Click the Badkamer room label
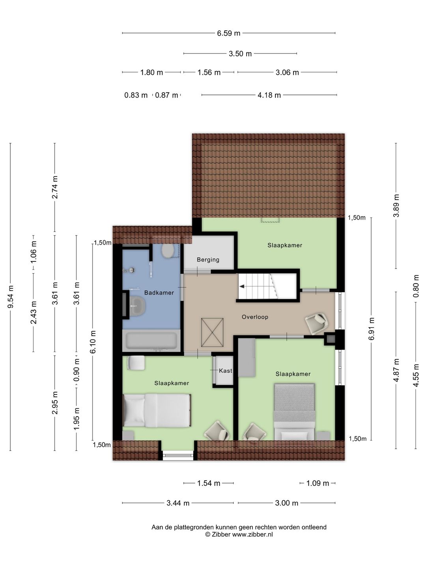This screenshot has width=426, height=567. pyautogui.click(x=159, y=293)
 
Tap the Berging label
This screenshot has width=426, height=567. pyautogui.click(x=208, y=259)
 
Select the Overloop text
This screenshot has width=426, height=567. pyautogui.click(x=255, y=317)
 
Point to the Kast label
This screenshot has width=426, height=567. pyautogui.click(x=225, y=371)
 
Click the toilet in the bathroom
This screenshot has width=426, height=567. pyautogui.click(x=168, y=250)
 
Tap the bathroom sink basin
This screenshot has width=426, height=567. pyautogui.click(x=137, y=306)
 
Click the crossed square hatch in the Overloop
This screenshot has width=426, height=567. pyautogui.click(x=212, y=332)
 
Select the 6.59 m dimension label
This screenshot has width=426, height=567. pyautogui.click(x=228, y=33)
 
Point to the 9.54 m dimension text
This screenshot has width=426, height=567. pyautogui.click(x=11, y=297)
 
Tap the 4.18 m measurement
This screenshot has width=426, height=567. pyautogui.click(x=269, y=95)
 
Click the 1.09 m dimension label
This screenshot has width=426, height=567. pyautogui.click(x=318, y=483)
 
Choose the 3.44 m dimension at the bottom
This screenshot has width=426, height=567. pyautogui.click(x=178, y=503)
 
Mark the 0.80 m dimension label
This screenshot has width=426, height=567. pyautogui.click(x=416, y=286)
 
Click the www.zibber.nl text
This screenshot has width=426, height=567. pyautogui.click(x=252, y=534)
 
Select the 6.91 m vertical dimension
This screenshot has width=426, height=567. pyautogui.click(x=372, y=329)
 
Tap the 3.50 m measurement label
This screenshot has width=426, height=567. pyautogui.click(x=240, y=54)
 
